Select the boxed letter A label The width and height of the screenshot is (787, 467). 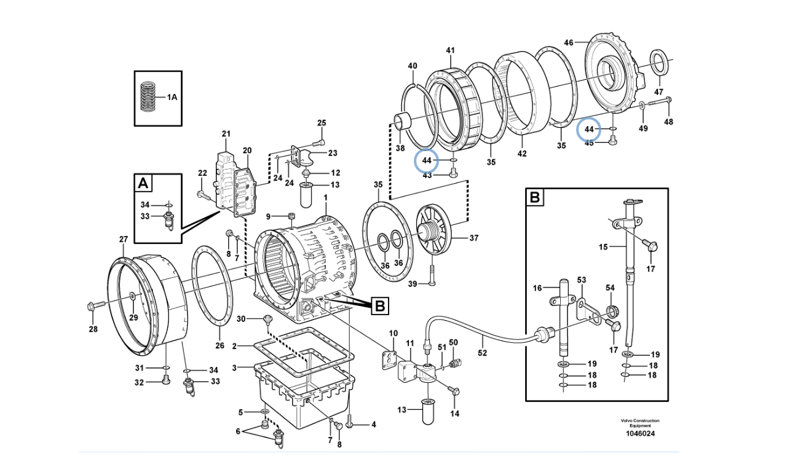coord(143,182)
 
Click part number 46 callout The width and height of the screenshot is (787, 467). coord(568,42)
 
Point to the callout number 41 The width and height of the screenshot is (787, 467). coord(450,50)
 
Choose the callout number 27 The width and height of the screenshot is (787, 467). coord(123,239)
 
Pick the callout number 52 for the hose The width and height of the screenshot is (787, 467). coord(482,353)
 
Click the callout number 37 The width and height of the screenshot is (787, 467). coord(473,238)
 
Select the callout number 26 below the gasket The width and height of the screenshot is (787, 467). coord(219,345)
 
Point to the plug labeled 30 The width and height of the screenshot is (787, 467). coord(267,318)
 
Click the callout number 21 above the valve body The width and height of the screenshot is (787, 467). coord(226,133)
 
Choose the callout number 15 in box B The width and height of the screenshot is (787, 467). coord(603,247)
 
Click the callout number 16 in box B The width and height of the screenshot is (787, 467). coord(537,288)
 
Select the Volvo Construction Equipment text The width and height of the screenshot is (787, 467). coord(639,423)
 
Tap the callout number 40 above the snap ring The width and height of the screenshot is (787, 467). coord(412,66)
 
